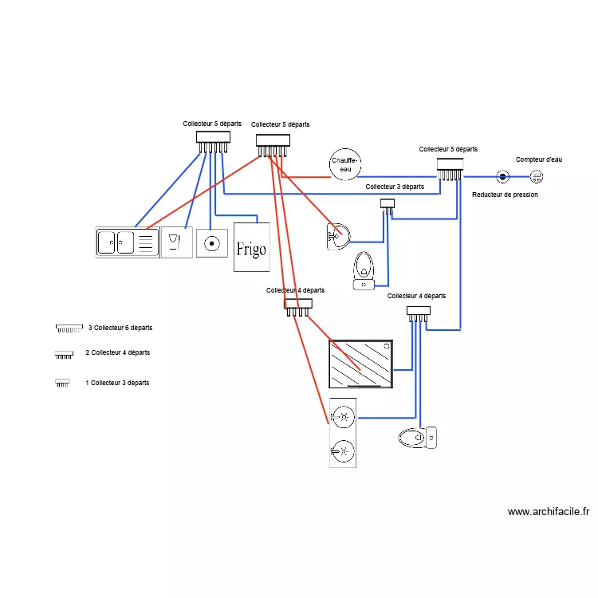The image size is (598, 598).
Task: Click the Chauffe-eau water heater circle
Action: click(345, 164)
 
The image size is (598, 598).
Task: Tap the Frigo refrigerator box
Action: click(252, 247)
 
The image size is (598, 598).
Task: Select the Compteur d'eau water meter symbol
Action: click(537, 176)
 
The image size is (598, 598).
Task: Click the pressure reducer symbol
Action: click(502, 176)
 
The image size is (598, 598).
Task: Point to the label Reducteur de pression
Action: click(505, 195)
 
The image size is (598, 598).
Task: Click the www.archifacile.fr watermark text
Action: click(549, 511)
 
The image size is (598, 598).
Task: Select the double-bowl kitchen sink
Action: click(128, 242)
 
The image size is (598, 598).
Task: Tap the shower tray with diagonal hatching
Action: click(360, 364)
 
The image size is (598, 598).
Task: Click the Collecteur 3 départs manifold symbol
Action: click(388, 207)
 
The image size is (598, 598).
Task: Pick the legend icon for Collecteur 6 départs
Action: click(69, 329)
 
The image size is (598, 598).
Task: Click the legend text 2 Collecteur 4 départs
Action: click(117, 352)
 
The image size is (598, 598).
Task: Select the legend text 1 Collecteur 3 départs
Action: click(117, 383)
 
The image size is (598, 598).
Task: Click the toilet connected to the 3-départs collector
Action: click(364, 270)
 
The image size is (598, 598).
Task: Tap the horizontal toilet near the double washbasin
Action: click(417, 438)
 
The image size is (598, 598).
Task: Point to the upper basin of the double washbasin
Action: click(343, 417)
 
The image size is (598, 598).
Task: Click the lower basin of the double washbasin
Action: click(343, 451)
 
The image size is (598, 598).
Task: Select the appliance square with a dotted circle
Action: click(211, 243)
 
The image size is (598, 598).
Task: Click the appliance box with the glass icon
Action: click(176, 242)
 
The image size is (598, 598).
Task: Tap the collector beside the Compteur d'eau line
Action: click(450, 169)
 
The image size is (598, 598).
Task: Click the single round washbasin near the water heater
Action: click(338, 237)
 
